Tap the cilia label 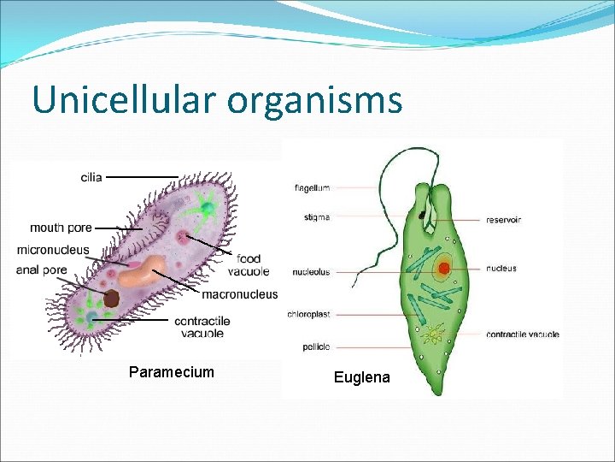pyautogui.click(x=91, y=177)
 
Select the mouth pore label pyautogui.click(x=61, y=228)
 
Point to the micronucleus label pyautogui.click(x=52, y=250)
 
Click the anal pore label pyautogui.click(x=41, y=269)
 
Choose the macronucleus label pyautogui.click(x=239, y=294)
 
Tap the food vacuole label pyautogui.click(x=249, y=265)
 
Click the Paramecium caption pyautogui.click(x=171, y=372)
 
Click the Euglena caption pyautogui.click(x=361, y=377)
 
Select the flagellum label pyautogui.click(x=312, y=187)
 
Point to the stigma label pyautogui.click(x=316, y=217)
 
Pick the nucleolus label pyautogui.click(x=311, y=273)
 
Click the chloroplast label pyautogui.click(x=308, y=314)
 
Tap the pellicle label pyautogui.click(x=315, y=347)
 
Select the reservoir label pyautogui.click(x=503, y=220)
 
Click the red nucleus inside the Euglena pyautogui.click(x=443, y=268)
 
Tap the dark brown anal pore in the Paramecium pyautogui.click(x=111, y=299)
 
